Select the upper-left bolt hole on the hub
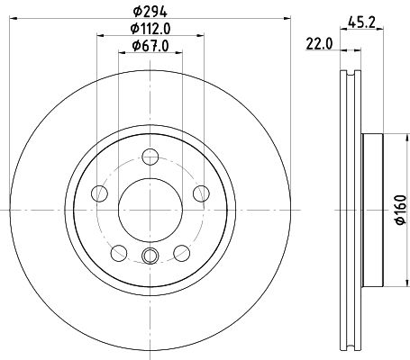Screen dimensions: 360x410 pyautogui.click(x=101, y=194)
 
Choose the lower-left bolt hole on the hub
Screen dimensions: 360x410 pyautogui.click(x=119, y=251)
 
